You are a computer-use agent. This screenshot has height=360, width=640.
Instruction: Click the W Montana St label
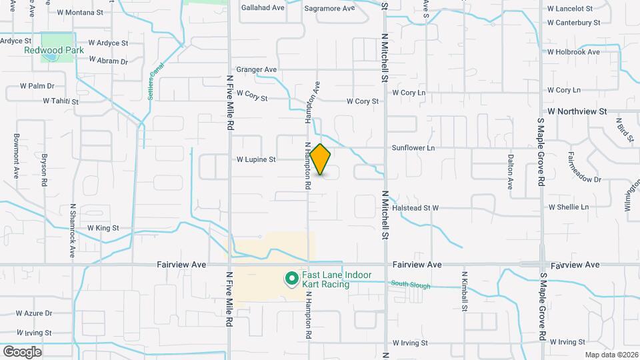(80, 12)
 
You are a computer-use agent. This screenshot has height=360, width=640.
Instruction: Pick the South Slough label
(410, 286)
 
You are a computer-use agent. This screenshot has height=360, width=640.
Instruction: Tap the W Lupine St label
(256, 160)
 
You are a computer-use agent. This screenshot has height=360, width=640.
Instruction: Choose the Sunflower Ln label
(413, 147)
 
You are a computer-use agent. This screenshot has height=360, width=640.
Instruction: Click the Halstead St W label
(415, 208)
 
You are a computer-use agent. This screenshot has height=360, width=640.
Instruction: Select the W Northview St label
(577, 111)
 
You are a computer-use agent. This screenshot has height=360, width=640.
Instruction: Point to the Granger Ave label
(256, 69)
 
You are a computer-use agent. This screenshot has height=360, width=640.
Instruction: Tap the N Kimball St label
(464, 291)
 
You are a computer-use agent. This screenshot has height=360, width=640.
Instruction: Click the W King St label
(103, 228)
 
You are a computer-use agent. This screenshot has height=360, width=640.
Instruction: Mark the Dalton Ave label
(510, 172)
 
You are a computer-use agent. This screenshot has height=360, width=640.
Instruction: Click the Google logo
(22, 351)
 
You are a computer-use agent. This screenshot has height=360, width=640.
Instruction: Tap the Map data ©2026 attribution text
(611, 355)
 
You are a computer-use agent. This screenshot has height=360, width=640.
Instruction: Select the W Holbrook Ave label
(573, 52)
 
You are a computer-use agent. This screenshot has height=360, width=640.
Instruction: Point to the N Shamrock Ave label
(73, 231)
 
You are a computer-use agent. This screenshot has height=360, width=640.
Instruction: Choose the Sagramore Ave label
(329, 9)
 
